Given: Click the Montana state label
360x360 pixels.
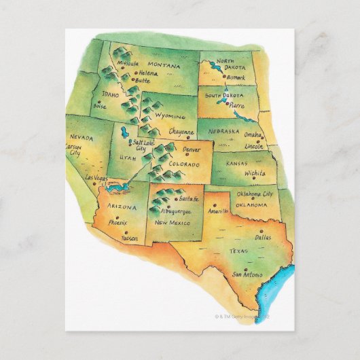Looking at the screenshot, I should point(166,66).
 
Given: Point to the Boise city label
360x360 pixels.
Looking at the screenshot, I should point(100,106).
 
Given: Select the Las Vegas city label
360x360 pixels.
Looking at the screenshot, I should point(96,179).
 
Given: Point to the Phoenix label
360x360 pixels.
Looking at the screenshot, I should point(118,221).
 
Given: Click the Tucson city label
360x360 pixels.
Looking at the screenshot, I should point(130,238).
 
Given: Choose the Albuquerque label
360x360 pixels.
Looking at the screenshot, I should point(173,212).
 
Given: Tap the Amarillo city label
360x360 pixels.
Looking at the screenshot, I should point(219,211).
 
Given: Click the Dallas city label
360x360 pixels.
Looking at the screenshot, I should point(263,238).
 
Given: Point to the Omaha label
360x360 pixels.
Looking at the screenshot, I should point(253,134).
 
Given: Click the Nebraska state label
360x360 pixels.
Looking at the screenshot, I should point(223,130).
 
